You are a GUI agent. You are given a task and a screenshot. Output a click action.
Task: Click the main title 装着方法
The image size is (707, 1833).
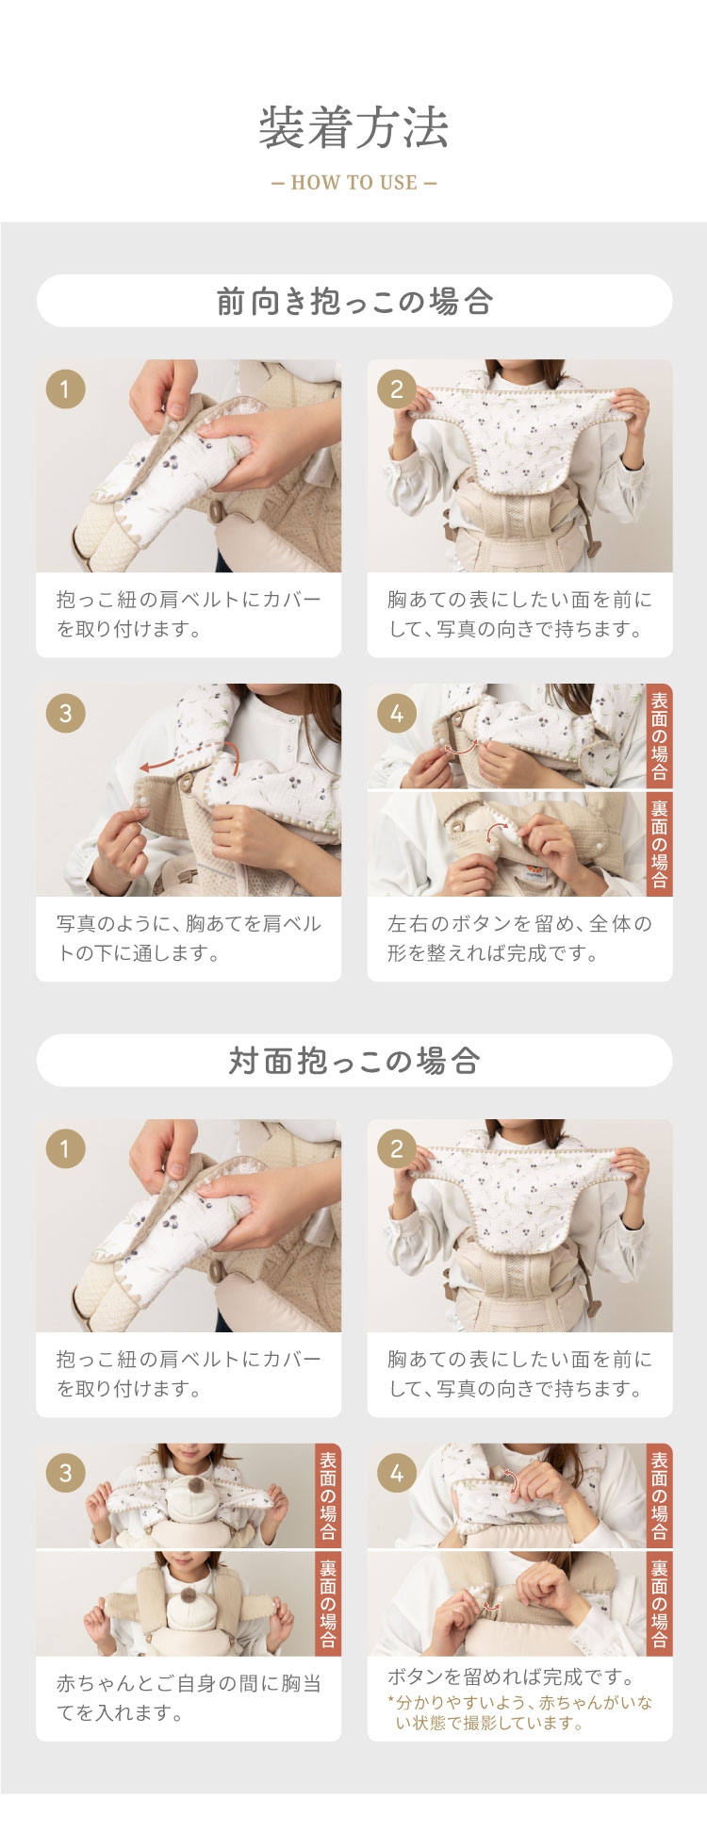353,128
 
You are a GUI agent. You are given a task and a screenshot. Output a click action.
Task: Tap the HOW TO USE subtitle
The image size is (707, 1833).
353,183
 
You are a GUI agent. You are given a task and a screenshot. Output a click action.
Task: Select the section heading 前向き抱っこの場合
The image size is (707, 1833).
354,302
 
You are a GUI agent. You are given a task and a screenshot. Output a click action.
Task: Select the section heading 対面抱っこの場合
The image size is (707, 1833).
354,1061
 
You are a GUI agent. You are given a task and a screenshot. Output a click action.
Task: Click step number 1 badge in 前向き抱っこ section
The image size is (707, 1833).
65,388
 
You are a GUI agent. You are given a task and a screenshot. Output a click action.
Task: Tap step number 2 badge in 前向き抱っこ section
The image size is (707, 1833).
396,388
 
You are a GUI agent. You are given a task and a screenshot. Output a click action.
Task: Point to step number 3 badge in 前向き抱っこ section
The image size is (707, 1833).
65,713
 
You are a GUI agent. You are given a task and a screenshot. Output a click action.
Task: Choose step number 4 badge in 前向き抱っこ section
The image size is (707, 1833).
396,713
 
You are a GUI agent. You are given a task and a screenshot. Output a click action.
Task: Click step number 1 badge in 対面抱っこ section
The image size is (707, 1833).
65,1148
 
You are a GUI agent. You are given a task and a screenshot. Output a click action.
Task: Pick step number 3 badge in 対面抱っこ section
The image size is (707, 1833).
65,1473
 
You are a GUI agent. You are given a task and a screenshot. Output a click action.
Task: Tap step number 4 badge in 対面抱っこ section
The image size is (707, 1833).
396,1473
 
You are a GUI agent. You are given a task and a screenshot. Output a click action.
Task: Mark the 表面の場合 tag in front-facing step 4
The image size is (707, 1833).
659,735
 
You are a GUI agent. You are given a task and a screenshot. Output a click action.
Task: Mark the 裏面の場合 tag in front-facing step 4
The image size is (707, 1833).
659,844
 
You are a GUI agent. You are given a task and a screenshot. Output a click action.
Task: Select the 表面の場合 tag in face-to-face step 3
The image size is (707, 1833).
328,1495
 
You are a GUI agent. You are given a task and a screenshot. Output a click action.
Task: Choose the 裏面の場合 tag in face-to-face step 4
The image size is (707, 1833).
659,1604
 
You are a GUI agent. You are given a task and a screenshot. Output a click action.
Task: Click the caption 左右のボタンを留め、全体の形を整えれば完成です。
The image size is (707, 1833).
519,938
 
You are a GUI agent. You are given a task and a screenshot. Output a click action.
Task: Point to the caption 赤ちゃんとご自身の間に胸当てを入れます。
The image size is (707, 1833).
189,1697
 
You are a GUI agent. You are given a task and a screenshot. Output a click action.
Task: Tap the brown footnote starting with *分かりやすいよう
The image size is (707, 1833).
519,1712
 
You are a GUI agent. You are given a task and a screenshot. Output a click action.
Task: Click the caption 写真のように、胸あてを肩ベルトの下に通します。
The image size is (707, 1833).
189,938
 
